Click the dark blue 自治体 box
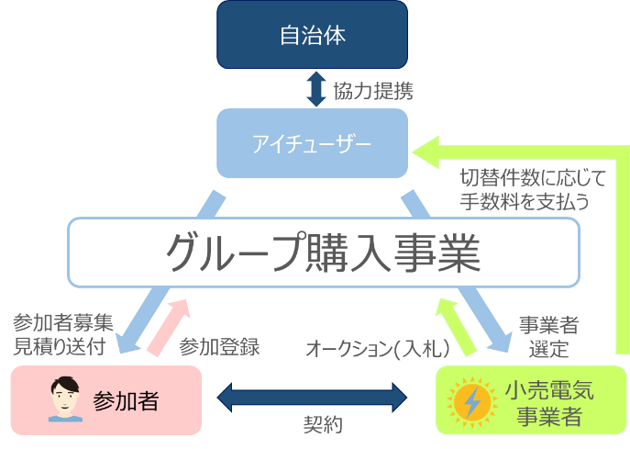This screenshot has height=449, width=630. [x=312, y=35]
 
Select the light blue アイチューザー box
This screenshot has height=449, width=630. [x=312, y=143]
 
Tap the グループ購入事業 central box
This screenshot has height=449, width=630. [x=324, y=253]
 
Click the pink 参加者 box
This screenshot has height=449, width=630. [x=106, y=400]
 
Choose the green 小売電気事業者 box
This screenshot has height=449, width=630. [x=531, y=400]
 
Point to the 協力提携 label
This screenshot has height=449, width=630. [x=373, y=91]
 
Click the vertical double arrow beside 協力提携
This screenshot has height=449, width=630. [x=316, y=89]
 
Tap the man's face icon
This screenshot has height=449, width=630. [x=65, y=399]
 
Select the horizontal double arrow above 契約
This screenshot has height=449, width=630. [x=312, y=398]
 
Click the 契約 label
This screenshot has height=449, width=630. [x=323, y=425]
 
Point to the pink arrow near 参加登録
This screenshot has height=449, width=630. [x=168, y=328]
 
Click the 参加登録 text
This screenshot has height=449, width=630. [x=219, y=347]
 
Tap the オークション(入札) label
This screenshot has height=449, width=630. [x=378, y=348]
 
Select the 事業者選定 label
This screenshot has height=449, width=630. [x=548, y=337]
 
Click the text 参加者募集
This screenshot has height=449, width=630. [x=63, y=322]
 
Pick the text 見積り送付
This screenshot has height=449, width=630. [x=60, y=346]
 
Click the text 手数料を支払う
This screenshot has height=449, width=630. [x=525, y=201]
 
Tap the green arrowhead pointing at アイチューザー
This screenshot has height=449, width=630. [x=426, y=152]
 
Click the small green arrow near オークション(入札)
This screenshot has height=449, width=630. [x=456, y=328]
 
